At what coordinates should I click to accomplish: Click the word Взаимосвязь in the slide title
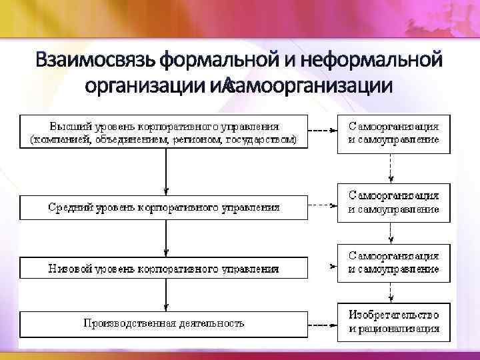[96, 61]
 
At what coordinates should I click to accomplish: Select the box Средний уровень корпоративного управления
[164, 207]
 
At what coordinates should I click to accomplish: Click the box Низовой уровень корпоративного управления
[164, 268]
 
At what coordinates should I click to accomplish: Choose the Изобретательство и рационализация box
[393, 321]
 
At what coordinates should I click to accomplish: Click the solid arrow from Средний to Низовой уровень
[165, 237]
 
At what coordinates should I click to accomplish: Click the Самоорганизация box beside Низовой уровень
[393, 263]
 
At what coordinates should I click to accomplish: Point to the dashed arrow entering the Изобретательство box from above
[391, 292]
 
